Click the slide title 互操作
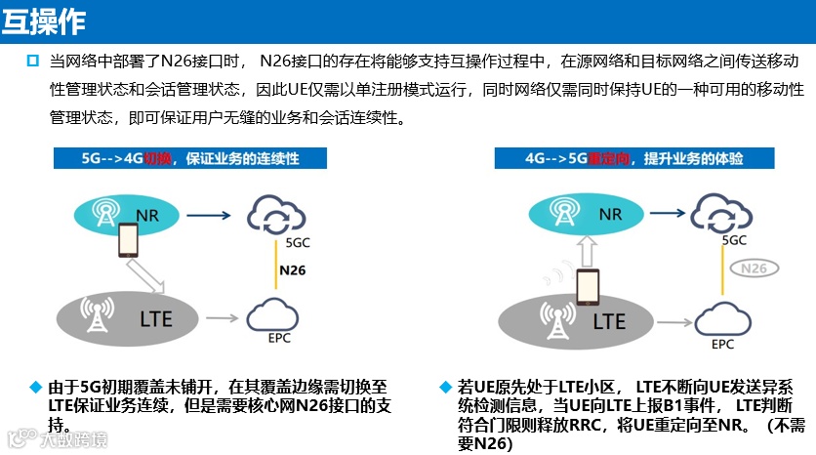[44, 20]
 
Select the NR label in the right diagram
[610, 214]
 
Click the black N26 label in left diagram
[293, 269]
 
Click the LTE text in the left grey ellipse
[157, 318]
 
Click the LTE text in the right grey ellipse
[609, 319]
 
